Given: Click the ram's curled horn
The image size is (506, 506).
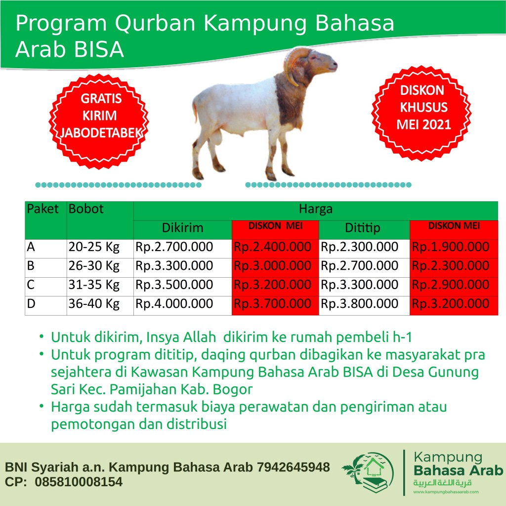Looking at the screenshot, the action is click(292, 63).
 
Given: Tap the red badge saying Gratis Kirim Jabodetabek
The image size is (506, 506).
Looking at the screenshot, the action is click(99, 122).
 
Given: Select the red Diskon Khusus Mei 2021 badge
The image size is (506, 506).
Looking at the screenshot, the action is click(422, 113).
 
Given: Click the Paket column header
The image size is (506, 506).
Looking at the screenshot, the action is click(42, 209).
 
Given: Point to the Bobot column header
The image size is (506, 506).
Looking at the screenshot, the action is click(86, 209).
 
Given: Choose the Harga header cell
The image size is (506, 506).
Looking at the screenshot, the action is click(316, 209).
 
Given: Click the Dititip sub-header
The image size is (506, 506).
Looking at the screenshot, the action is click(362, 228).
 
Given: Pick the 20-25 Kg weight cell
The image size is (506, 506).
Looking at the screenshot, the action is click(94, 247).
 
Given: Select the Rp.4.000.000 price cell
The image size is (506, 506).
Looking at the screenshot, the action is click(174, 304).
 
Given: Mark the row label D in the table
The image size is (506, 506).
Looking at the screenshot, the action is click(31, 304).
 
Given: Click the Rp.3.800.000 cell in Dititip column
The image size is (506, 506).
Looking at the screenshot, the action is click(359, 304).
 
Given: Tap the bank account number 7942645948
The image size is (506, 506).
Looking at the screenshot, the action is click(294, 467).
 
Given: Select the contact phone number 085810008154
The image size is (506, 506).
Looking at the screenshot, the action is click(79, 482).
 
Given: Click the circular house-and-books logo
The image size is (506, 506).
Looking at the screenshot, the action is click(368, 473).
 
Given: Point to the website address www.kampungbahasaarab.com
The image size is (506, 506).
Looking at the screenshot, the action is click(446, 492).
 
